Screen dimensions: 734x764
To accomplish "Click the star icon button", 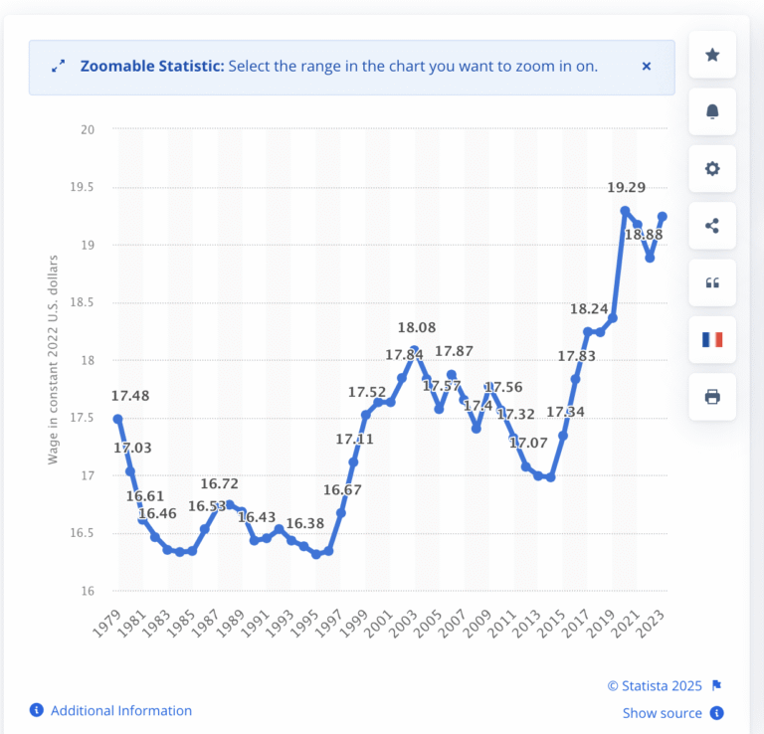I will pos(712,55).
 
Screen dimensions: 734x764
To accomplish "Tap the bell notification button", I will pos(712,111).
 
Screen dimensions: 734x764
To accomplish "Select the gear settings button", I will pos(712,168).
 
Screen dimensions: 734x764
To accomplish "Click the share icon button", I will pos(712,226).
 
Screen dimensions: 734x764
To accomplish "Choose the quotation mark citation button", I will pos(712,282).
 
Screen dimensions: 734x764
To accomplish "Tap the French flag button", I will pos(712,339).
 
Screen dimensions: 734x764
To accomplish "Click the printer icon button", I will pos(712,397).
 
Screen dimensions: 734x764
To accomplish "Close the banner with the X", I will pos(647,67).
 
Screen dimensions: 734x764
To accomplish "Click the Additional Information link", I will pos(120,710).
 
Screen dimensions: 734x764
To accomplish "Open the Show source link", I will pos(663,713).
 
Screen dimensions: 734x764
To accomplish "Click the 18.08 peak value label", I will pos(414,327).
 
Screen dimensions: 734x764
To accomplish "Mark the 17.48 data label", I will pos(130,396).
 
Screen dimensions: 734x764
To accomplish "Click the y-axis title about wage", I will pos(54,360).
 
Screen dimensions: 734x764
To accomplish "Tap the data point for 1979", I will pos(117,419).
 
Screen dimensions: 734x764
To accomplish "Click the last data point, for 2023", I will pos(662,217).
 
